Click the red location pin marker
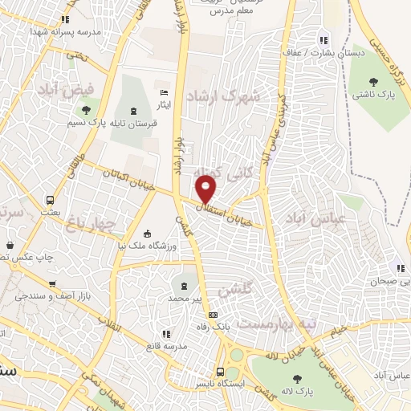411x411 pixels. pos(206,189)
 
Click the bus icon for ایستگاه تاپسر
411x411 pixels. pos(220,372)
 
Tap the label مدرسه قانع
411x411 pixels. pos(165,346)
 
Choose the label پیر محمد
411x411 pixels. pos(186,298)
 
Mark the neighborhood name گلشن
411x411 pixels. pos(240,288)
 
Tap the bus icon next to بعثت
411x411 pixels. pos(51,199)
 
